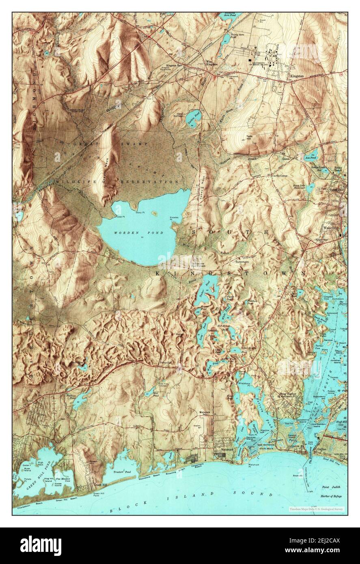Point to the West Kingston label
tap(211, 63)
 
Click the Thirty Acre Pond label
tap(237, 36)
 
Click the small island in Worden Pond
tap(154, 212)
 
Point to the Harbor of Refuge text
tap(332, 496)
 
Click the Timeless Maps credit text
tap(316, 508)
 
